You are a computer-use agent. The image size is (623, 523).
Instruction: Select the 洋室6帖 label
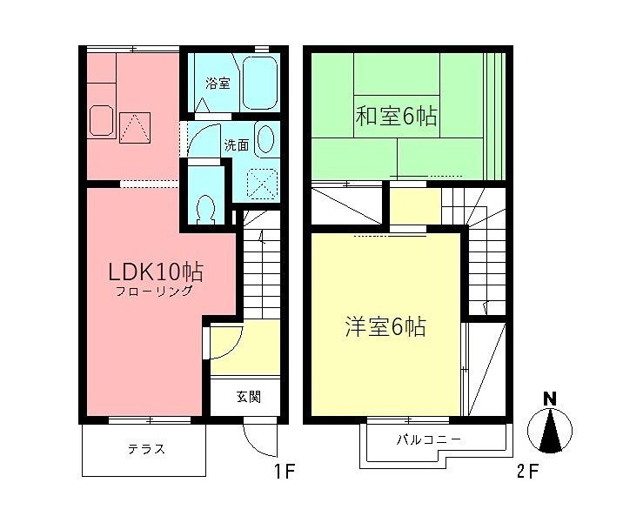383,327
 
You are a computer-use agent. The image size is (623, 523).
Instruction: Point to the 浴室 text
217,84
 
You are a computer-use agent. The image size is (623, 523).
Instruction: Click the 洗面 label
237,145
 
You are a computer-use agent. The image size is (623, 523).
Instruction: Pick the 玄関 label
247,398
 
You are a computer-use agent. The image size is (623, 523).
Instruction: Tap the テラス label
146,449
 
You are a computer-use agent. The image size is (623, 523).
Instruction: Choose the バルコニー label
430,439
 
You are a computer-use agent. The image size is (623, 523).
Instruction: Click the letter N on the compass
549,399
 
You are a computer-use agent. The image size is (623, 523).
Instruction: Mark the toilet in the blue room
205,208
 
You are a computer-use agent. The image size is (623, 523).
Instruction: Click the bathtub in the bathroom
259,84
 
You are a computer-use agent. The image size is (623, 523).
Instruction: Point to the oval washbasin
266,140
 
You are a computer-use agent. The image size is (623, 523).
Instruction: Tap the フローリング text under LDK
154,292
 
